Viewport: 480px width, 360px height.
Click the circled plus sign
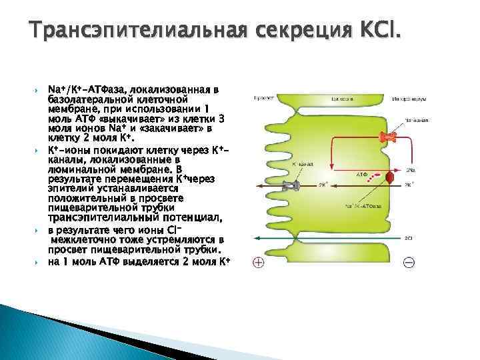point(258,263)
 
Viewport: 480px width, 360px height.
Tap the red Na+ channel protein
point(386,138)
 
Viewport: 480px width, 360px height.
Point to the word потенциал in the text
point(187,217)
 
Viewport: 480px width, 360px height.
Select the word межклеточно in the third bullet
point(83,239)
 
